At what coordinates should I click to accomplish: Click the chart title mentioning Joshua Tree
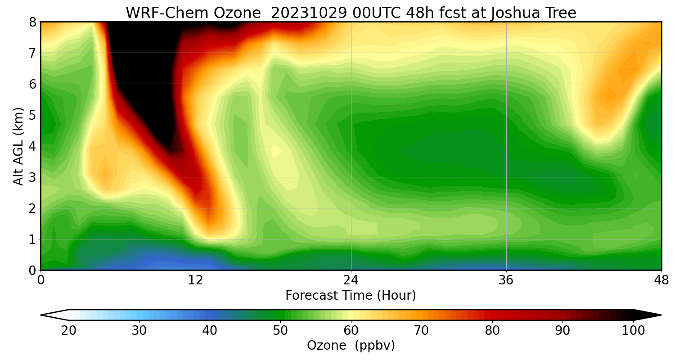[351, 13]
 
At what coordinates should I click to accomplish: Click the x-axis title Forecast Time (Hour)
[351, 296]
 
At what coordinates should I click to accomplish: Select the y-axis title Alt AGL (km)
[18, 146]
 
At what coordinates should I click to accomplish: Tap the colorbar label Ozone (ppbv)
[351, 346]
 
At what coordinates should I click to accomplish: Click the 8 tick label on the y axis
[32, 22]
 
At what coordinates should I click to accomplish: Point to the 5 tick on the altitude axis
[32, 115]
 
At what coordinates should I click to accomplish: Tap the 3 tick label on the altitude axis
[32, 177]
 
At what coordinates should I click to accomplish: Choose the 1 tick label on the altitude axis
[32, 239]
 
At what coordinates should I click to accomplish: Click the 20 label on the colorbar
[69, 331]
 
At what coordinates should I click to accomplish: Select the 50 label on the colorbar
[280, 331]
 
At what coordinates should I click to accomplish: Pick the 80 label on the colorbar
[492, 331]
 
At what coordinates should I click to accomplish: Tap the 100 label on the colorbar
[633, 331]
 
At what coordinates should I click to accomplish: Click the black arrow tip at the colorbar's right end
[652, 315]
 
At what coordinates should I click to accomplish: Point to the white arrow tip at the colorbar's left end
[49, 315]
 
